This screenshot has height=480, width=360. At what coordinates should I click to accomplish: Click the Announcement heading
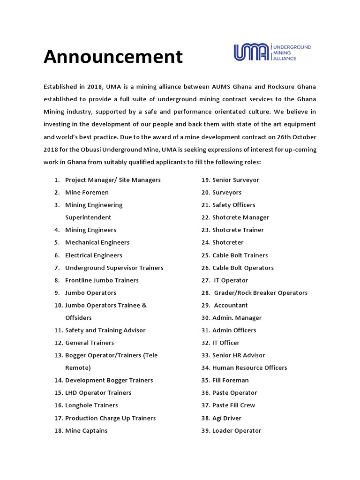pos(113,57)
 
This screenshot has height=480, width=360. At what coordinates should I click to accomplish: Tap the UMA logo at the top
pos(272,52)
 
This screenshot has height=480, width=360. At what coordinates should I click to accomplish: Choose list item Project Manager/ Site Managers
pos(112,180)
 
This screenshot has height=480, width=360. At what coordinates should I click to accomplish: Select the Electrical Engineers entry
pos(94,255)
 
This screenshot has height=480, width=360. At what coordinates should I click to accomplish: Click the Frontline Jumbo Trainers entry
pos(102,280)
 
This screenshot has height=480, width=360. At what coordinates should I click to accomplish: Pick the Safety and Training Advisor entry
pos(105,330)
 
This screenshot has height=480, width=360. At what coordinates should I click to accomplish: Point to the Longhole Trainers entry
pos(91,405)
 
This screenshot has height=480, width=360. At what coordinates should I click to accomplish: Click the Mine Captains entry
pos(86,431)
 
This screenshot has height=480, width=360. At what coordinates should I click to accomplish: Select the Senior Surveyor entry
pos(235,180)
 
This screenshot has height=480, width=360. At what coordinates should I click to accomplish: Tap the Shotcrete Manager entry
pos(240,217)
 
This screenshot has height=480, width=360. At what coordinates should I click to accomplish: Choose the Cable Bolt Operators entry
pos(243,268)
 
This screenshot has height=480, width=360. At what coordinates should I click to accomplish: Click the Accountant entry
pos(231,305)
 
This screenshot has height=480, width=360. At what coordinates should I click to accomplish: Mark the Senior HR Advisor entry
pos(239,355)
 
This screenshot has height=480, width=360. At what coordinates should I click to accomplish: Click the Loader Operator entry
pos(237,431)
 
